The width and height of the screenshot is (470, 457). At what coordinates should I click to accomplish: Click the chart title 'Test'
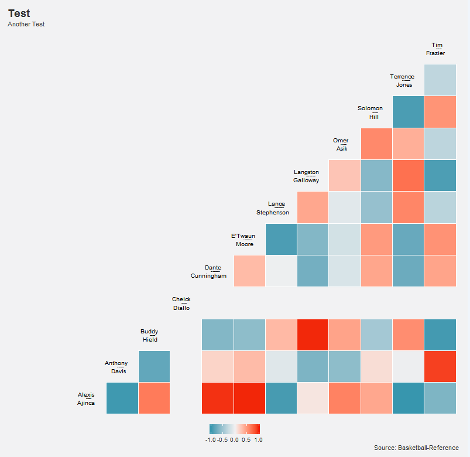19,13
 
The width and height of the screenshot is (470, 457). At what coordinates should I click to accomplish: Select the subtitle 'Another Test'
26,25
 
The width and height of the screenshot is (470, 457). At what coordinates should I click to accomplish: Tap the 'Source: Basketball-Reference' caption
416,448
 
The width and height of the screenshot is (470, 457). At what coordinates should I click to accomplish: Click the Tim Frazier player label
437,49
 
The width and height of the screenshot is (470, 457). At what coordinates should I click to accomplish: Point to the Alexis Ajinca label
86,399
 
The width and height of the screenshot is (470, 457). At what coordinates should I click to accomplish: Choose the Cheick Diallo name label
181,303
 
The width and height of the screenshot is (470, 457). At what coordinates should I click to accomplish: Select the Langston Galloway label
306,176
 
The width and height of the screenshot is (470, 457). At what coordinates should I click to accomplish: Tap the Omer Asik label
341,145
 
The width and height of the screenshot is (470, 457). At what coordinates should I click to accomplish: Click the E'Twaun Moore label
243,240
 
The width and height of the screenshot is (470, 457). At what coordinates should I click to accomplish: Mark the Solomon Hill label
370,112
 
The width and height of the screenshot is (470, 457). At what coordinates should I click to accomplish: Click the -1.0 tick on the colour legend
211,439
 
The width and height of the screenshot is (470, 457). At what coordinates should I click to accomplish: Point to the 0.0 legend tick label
234,439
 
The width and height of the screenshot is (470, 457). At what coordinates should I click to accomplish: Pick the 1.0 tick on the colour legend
258,439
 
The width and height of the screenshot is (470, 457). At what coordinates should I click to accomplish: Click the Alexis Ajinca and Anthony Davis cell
122,398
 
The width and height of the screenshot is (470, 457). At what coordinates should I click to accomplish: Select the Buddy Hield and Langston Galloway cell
313,335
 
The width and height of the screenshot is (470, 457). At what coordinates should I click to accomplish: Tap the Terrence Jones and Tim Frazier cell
440,80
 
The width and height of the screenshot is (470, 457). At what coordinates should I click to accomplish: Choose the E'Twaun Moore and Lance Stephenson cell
281,239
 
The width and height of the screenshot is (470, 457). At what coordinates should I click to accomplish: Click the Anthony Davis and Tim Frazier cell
440,366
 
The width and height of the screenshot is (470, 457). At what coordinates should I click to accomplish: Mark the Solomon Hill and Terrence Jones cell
408,112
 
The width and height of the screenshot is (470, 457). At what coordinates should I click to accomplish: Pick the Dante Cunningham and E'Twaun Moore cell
249,271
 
